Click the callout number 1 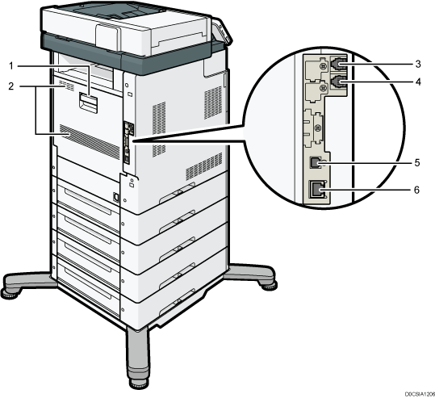coord(11,66)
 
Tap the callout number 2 coord(11,86)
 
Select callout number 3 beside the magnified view coord(418,64)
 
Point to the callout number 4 coord(418,82)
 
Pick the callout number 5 coord(417,162)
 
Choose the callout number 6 coord(416,190)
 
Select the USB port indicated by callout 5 coord(316,162)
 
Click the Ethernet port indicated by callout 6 coord(317,189)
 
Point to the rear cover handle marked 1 coord(88,102)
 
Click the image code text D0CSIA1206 coord(420,394)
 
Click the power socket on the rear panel coord(116,197)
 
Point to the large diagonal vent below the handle coord(90,141)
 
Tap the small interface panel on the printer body coord(128,143)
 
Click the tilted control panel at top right coord(221,30)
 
